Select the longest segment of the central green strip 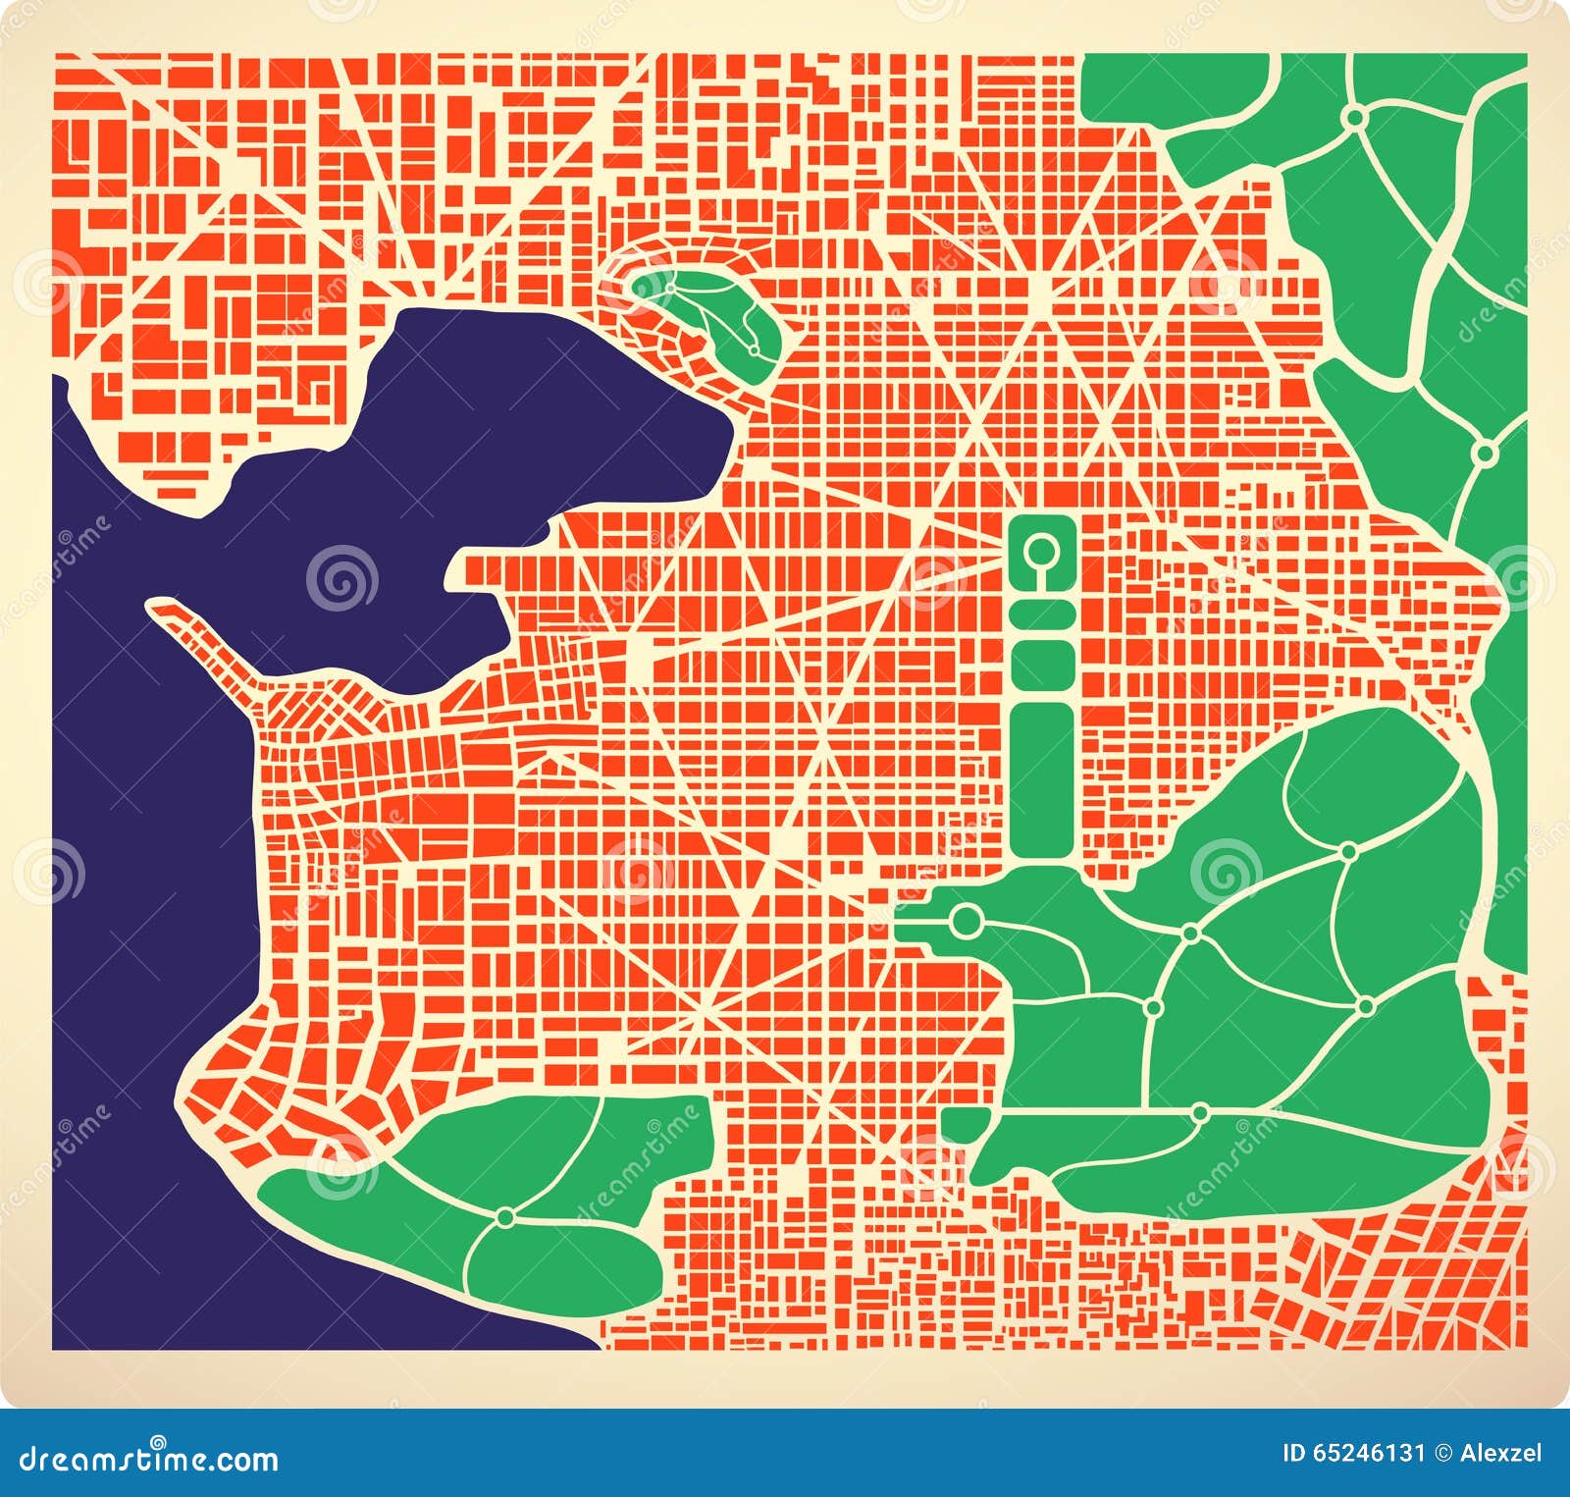(x=1042, y=775)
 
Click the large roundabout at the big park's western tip (x=967, y=920)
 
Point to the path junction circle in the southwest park (x=505, y=1217)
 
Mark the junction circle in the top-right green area (x=1355, y=118)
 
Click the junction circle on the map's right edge (x=1486, y=454)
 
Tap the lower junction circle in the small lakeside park (x=754, y=348)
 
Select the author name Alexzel (x=1500, y=1454)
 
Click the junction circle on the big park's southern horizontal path (x=1200, y=1112)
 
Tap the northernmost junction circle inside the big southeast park (x=1349, y=851)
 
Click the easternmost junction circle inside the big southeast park (x=1365, y=1006)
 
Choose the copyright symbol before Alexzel (x=1442, y=1454)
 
